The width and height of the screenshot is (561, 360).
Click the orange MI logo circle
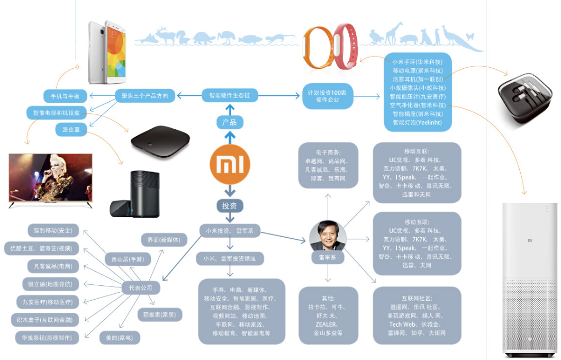230,165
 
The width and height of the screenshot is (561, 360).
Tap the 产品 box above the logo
230,123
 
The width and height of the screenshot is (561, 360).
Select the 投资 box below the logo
230,205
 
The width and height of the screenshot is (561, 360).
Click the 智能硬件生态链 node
229,96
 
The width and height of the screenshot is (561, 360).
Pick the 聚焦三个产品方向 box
144,96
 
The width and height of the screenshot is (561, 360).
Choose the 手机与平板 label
65,96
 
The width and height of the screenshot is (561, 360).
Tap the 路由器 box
70,129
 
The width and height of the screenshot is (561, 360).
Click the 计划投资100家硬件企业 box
328,96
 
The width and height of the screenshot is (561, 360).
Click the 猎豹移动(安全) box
52,230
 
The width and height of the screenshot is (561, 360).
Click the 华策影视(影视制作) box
47,337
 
